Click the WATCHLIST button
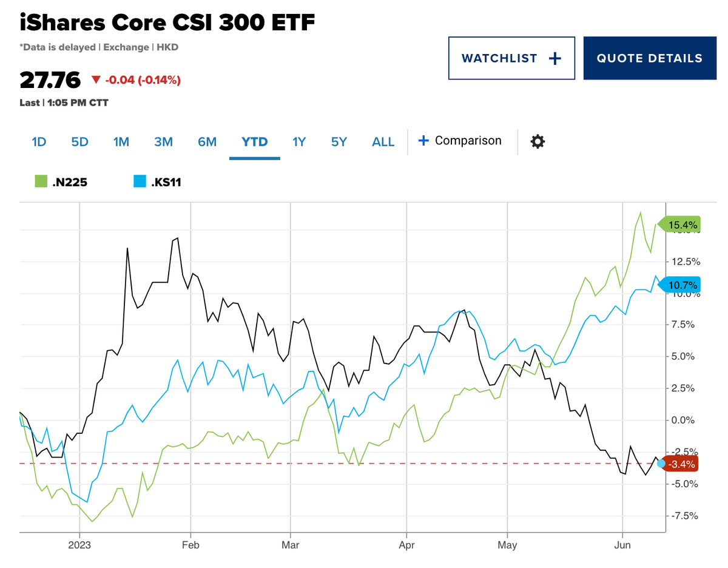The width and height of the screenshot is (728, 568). pos(511,58)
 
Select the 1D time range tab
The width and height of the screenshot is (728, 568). pos(39,141)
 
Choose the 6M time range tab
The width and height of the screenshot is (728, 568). pos(207,141)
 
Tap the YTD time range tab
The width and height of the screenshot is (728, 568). pos(255,141)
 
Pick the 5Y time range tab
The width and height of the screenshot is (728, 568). pos(339,141)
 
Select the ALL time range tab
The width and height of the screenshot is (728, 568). pos(383,141)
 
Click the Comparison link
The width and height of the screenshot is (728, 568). pos(460,141)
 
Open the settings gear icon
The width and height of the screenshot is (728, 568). pos(538,141)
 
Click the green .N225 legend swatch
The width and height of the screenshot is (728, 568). pos(41,181)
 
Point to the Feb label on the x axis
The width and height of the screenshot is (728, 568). pos(190,545)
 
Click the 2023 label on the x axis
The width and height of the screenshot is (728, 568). pos(79,545)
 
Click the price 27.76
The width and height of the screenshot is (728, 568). pos(50,79)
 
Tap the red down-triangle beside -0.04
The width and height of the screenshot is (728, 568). pos(96,79)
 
